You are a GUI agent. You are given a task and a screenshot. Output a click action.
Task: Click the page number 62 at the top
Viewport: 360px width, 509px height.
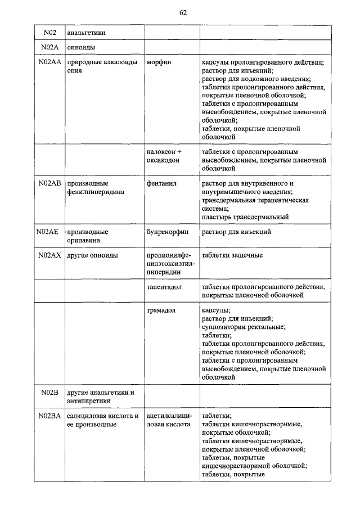pos(183,13)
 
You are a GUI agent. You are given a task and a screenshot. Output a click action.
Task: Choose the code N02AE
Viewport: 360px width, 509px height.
pos(48,231)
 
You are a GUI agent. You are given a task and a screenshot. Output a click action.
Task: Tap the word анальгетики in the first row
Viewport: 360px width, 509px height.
pos(85,33)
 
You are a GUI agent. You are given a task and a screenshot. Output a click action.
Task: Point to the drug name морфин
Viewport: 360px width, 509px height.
pos(159,62)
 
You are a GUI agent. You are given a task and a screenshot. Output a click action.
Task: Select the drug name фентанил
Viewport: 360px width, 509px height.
pos(161,183)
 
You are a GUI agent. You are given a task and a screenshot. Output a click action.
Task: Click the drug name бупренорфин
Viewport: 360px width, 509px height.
pos(168,231)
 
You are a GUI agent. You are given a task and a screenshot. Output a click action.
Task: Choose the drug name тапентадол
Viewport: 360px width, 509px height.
pos(164,286)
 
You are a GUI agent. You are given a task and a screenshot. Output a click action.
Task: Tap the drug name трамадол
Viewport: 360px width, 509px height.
pos(161,310)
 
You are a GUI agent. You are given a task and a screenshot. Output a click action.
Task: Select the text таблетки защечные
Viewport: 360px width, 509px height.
pos(232,255)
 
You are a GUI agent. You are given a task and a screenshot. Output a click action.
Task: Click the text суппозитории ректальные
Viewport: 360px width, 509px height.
pos(243,327)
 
